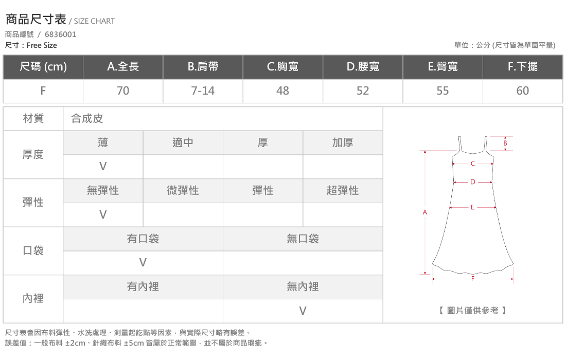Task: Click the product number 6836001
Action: (60, 34)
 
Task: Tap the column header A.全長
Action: (123, 66)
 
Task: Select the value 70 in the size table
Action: (123, 91)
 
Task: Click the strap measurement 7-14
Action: (203, 91)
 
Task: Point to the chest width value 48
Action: (282, 91)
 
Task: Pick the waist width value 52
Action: (363, 91)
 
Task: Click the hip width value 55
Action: (443, 91)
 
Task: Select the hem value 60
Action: (523, 91)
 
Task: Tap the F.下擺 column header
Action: (523, 66)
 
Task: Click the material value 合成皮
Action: (87, 118)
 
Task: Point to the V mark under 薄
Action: (103, 166)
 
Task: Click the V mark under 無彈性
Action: (103, 214)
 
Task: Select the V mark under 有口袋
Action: (143, 263)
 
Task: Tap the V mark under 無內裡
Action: (303, 311)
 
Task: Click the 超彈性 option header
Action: (343, 190)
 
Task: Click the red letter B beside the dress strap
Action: (505, 143)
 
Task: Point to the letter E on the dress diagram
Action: (472, 207)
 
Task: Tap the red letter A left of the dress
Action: (425, 212)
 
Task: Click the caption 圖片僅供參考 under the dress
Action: (472, 311)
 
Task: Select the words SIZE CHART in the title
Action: (94, 21)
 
